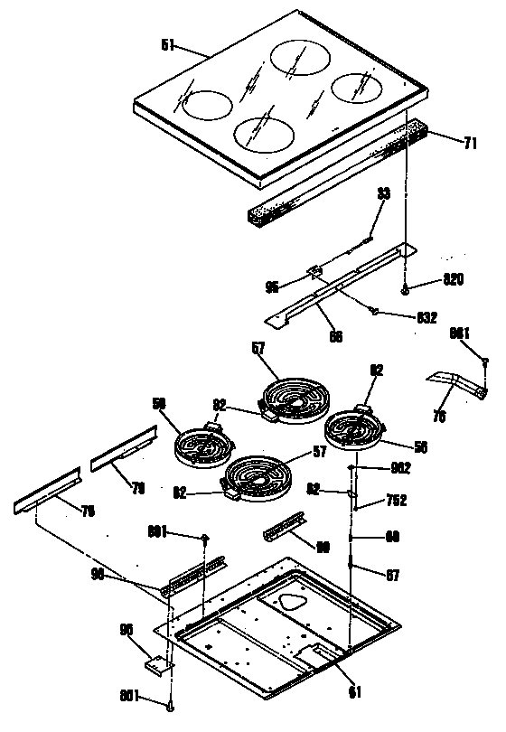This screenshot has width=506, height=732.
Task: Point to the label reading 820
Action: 453,279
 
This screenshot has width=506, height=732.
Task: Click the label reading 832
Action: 426,317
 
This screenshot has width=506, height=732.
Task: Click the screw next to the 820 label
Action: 406,289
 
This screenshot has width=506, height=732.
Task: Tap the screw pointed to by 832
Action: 372,312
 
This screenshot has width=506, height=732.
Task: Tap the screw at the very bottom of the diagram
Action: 169,705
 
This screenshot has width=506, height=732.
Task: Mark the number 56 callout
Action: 420,446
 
